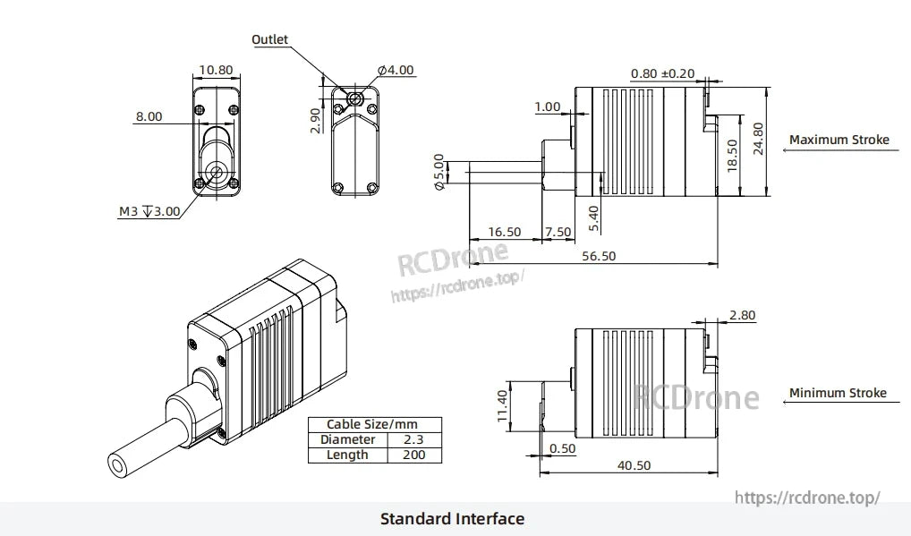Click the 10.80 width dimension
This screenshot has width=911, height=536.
[216, 70]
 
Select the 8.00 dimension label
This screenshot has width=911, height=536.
[149, 116]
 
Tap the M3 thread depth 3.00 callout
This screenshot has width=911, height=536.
[149, 212]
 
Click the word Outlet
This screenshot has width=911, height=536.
[269, 39]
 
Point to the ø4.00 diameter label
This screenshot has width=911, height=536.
[396, 70]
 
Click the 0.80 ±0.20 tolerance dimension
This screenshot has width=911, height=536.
[662, 73]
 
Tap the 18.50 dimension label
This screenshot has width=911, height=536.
[732, 155]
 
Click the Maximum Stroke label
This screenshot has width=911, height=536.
[839, 140]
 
